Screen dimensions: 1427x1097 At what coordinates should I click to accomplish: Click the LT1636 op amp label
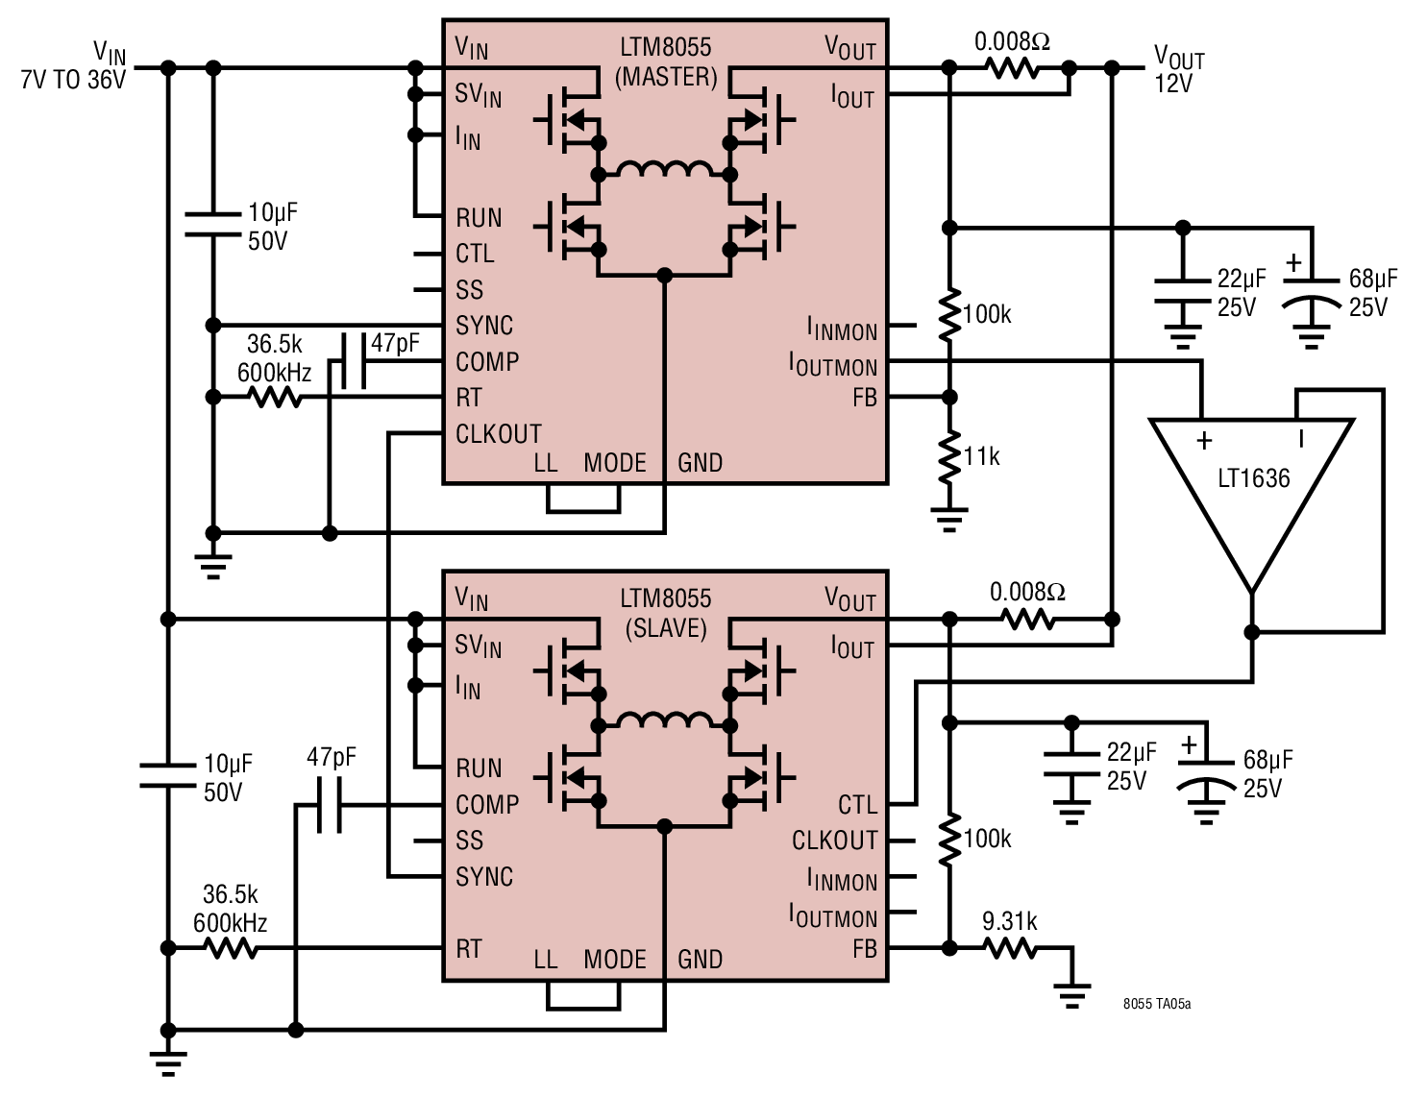pyautogui.click(x=1254, y=478)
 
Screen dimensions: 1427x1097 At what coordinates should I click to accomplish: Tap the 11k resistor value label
pyautogui.click(x=982, y=455)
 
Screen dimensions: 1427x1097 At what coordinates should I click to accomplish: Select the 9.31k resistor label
pyautogui.click(x=1009, y=922)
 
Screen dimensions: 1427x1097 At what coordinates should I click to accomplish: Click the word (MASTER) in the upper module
pyautogui.click(x=666, y=77)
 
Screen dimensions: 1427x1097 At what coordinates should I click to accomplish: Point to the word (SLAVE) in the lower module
pyautogui.click(x=666, y=628)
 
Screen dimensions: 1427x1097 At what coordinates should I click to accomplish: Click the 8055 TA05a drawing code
pyautogui.click(x=1156, y=1004)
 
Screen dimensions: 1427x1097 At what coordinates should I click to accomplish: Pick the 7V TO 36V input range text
pyautogui.click(x=73, y=80)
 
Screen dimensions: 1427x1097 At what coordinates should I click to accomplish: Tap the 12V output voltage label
pyautogui.click(x=1173, y=84)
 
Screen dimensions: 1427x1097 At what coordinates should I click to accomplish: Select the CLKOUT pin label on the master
pyautogui.click(x=499, y=434)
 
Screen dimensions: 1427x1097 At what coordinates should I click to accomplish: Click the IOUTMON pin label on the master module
pyautogui.click(x=833, y=365)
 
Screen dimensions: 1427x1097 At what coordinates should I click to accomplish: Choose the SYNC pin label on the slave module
pyautogui.click(x=484, y=876)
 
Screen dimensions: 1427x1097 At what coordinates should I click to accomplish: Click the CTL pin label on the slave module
pyautogui.click(x=858, y=804)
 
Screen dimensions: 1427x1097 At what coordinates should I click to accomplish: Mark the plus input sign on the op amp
pyautogui.click(x=1204, y=441)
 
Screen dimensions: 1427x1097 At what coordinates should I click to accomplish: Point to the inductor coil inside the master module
pyautogui.click(x=664, y=169)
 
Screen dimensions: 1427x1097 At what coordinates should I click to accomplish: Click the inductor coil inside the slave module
pyautogui.click(x=664, y=720)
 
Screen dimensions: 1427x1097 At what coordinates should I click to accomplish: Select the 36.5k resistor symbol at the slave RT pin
pyautogui.click(x=230, y=948)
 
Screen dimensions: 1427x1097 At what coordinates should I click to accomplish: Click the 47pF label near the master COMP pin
pyautogui.click(x=395, y=343)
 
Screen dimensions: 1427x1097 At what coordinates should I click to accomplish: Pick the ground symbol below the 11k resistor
pyautogui.click(x=948, y=519)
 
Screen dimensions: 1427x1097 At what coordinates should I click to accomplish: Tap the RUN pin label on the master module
pyautogui.click(x=479, y=217)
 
